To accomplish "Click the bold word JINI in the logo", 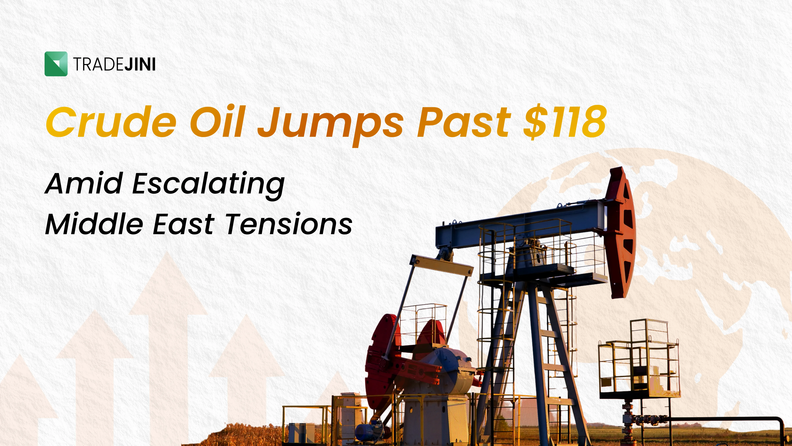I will [140, 64].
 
